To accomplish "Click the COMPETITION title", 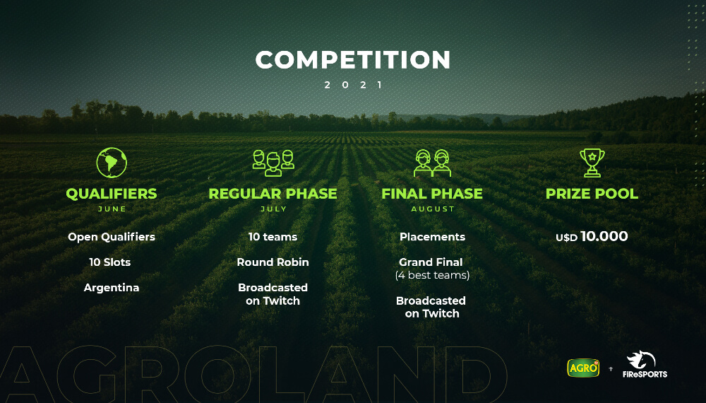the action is [353, 59].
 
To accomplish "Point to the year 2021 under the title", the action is [354, 85].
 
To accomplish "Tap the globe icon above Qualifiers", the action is [112, 163].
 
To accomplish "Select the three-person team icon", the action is [273, 163].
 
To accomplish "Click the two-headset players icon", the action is [432, 163].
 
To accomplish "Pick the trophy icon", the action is [592, 163].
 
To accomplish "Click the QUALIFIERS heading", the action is [112, 194].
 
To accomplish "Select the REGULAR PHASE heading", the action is [273, 194].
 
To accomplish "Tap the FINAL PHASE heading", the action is [432, 194].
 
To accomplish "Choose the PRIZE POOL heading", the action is [592, 194].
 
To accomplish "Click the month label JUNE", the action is [112, 209].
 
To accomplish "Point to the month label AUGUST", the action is [433, 209].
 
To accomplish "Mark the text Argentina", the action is [112, 288].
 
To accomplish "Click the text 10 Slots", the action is [110, 262].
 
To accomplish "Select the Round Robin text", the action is [273, 262].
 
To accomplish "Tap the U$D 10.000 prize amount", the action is [592, 237].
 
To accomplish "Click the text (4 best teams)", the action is [432, 275].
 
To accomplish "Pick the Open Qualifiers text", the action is [112, 237].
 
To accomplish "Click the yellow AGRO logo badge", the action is [584, 368].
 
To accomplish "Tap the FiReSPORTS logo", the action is [645, 364].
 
